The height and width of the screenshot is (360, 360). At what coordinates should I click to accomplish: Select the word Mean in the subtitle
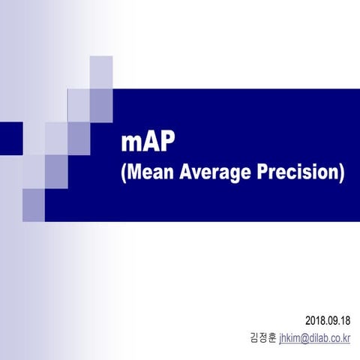[146, 172]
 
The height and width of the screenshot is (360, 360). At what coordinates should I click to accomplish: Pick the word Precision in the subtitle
[295, 172]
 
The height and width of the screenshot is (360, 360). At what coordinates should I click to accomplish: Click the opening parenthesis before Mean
[124, 173]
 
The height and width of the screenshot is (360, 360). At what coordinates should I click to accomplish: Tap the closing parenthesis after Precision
[342, 173]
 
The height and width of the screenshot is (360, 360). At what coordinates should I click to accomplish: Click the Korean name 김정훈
[262, 339]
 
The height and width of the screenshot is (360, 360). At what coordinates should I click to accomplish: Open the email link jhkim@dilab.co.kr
[315, 339]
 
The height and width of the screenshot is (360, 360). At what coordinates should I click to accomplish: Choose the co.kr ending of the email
[342, 339]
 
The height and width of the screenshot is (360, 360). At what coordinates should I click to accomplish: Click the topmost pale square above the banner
[101, 72]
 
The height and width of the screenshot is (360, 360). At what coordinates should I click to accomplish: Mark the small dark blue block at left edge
[11, 136]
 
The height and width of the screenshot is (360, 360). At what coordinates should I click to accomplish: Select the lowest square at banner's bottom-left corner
[34, 205]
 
